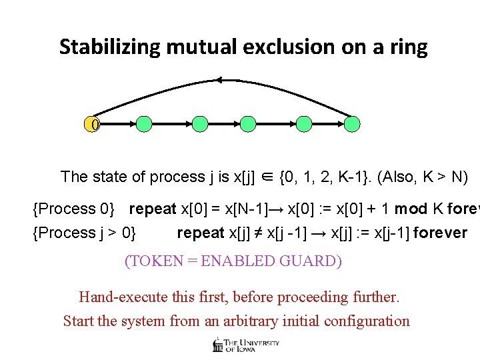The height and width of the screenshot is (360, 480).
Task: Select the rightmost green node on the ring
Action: tap(353, 123)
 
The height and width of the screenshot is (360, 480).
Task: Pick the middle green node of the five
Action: tap(247, 123)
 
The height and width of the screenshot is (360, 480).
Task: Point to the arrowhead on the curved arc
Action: tap(217, 81)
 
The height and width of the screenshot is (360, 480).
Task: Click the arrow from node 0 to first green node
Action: tap(119, 124)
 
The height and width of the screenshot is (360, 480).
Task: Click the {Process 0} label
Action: tap(74, 209)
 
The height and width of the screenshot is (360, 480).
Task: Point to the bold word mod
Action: tap(411, 209)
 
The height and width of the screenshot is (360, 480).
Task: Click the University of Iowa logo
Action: tap(245, 344)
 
